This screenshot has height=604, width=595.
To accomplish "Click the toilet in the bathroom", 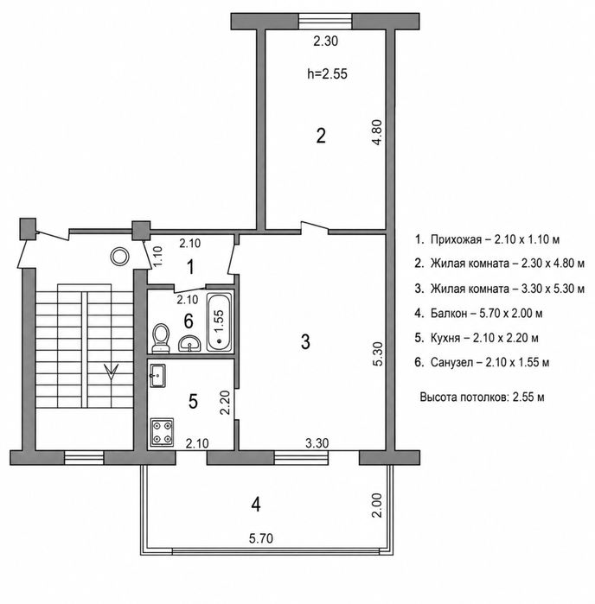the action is coord(160,338).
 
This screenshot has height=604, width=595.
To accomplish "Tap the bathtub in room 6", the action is coord(219,322).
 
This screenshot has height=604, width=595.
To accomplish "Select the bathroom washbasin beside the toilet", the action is coord(189,343).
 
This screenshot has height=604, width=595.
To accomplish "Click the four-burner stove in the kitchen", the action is coord(162,432).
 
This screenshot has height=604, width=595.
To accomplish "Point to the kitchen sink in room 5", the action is coord(157,376).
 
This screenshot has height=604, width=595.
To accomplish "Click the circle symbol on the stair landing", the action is coord(119,256).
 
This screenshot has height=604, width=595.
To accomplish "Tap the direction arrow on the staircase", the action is coord(111,372).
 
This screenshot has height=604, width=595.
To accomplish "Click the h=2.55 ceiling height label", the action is coord(327,73).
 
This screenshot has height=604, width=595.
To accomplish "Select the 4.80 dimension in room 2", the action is coord(377,132).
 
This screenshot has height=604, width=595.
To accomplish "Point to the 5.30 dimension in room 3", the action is coord(378,353).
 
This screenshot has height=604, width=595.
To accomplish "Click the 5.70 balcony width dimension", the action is coord(261,538).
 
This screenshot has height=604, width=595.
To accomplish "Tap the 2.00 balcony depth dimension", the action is coord(377,505).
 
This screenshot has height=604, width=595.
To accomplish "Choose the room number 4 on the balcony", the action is coord(256,505).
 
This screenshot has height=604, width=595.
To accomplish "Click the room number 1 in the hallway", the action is coord(190,267).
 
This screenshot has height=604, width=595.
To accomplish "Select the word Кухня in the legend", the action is coord(445,338).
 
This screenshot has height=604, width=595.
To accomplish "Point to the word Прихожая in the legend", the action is coord(456,239).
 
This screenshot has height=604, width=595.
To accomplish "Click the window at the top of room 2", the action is coord(326,22).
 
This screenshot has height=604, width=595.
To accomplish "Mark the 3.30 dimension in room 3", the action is coord(317,443).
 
